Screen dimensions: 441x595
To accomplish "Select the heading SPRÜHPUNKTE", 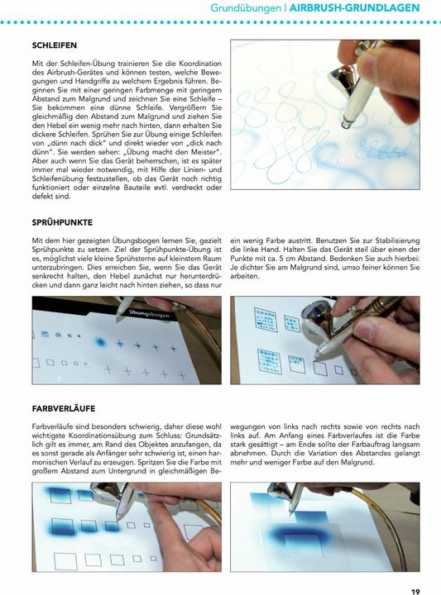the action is click(x=62, y=223).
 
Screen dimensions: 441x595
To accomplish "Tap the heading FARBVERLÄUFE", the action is click(x=64, y=408).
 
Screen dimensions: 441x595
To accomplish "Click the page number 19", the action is click(x=415, y=589).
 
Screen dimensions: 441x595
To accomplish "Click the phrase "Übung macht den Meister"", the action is click(x=170, y=153).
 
